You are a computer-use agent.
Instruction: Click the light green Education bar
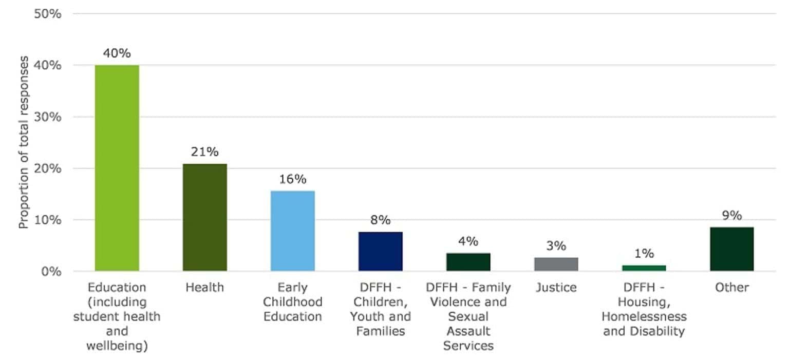pos(117,168)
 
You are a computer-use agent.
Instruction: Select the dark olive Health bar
pos(204,217)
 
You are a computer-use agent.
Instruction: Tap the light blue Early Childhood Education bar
pos(292,231)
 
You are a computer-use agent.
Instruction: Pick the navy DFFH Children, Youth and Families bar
pos(380,251)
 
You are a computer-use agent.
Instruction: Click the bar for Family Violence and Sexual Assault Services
pos(468,262)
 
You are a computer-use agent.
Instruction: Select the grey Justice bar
pos(556,264)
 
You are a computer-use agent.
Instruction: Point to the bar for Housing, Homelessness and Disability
pos(644,268)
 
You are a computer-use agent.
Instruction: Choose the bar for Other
pos(731,249)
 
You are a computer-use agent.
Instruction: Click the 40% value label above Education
pos(117,53)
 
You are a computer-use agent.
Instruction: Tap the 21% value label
pos(204,152)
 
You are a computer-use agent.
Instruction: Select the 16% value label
pos(292,179)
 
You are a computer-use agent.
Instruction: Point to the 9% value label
pos(731,216)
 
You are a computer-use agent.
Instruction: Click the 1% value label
pos(644,254)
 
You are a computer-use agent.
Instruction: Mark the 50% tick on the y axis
pos(48,14)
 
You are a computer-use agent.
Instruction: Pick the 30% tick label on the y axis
pos(48,117)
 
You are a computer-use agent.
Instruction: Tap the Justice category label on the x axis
pos(556,288)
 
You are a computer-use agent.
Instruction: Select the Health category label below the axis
pos(204,288)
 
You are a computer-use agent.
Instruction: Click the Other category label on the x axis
pos(731,288)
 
